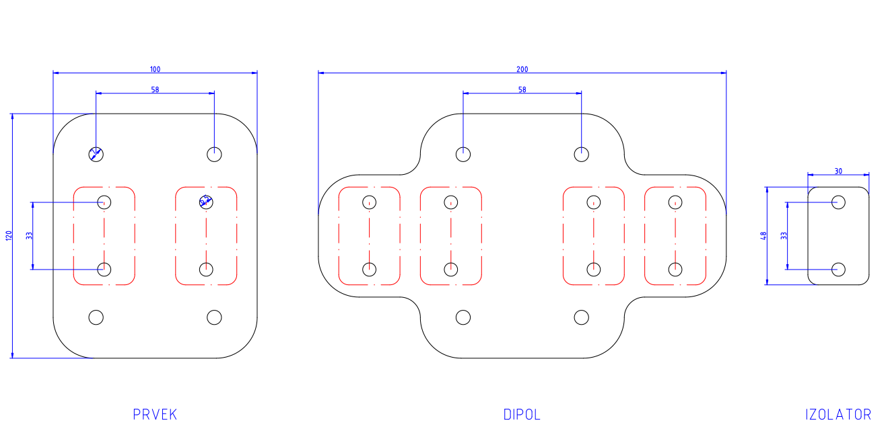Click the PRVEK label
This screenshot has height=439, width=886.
click(155, 415)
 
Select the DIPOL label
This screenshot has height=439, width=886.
click(522, 415)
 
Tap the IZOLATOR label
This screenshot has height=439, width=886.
click(838, 415)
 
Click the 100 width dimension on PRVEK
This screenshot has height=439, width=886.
click(155, 69)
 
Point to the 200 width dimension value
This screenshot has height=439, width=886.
click(522, 69)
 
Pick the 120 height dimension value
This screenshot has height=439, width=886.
click(9, 236)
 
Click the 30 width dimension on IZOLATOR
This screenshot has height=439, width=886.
click(838, 171)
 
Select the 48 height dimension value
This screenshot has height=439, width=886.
click(763, 236)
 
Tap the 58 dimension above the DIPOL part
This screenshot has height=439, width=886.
click(522, 89)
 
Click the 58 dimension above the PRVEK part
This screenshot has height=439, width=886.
click(155, 89)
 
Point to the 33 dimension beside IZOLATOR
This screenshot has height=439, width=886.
click(784, 236)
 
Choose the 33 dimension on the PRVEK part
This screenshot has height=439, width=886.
click(29, 236)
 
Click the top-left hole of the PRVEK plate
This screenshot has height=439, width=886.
click(96, 154)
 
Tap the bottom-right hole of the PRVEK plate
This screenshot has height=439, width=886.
click(214, 317)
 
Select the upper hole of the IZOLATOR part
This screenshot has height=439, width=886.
click(838, 202)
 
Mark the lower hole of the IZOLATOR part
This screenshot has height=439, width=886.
click(838, 270)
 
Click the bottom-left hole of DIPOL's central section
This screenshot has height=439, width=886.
click(463, 317)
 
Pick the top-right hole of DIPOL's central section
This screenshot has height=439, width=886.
click(582, 154)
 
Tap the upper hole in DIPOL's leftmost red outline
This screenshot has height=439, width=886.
click(370, 202)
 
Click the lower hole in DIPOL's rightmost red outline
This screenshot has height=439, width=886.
click(675, 270)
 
